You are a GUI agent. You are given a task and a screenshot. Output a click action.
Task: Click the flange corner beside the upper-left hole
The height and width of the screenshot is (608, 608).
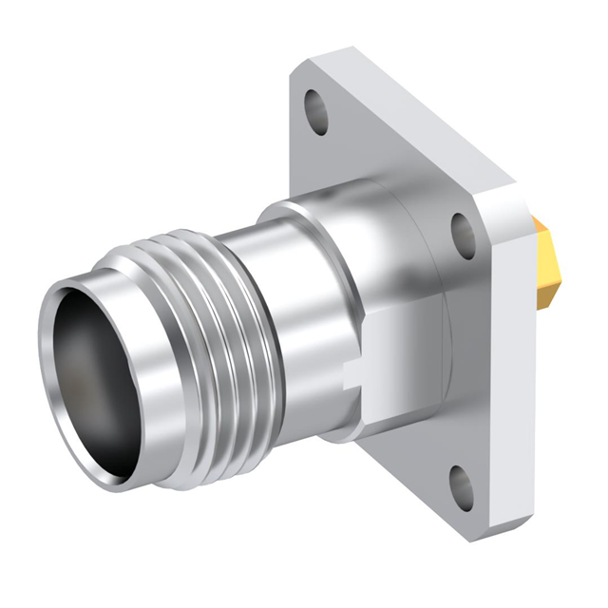299,71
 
